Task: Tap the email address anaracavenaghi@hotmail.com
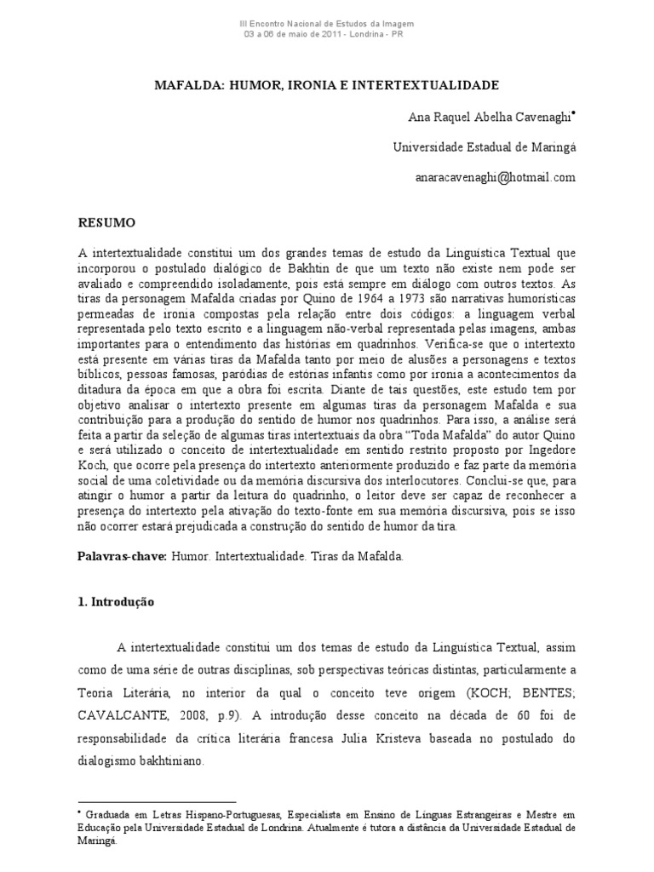click(496, 177)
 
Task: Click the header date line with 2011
click(327, 34)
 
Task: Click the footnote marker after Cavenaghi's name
click(575, 112)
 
